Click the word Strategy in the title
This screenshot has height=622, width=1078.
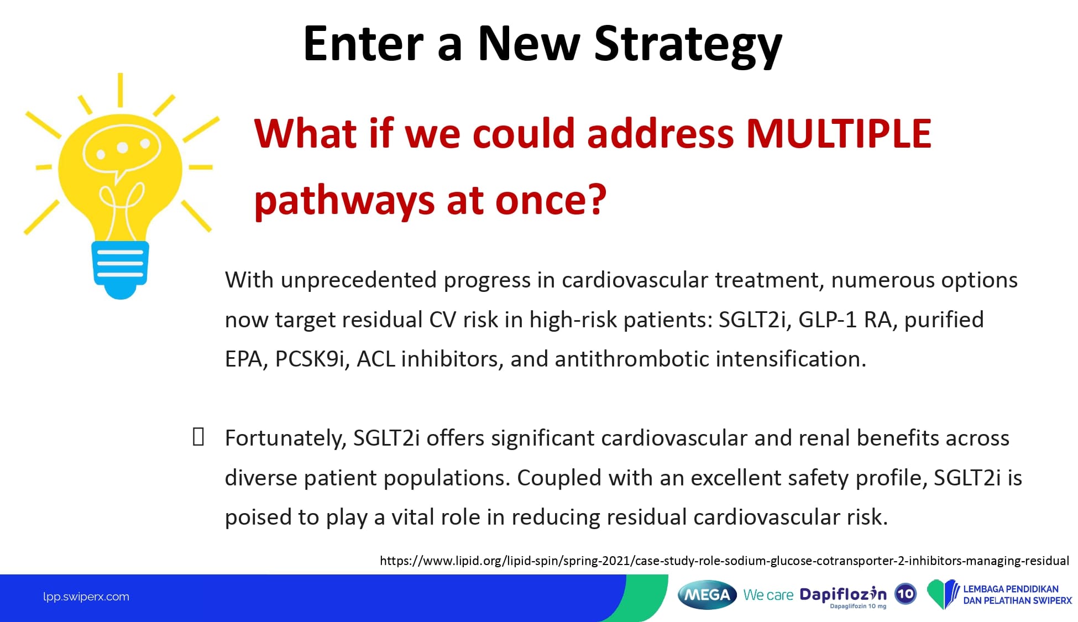click(x=688, y=45)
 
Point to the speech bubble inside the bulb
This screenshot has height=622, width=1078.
click(x=122, y=149)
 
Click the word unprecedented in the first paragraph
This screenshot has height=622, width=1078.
click(x=359, y=281)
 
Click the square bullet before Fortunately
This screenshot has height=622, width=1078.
click(x=198, y=437)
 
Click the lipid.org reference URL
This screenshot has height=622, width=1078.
click(x=724, y=561)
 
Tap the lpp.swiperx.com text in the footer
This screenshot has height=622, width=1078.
click(x=86, y=597)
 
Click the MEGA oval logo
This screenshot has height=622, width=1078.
click(x=707, y=595)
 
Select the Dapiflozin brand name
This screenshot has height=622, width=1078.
click(x=843, y=594)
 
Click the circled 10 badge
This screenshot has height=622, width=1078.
click(x=906, y=594)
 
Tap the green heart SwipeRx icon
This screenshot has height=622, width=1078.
click(x=943, y=594)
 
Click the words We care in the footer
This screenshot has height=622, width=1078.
click(x=768, y=595)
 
